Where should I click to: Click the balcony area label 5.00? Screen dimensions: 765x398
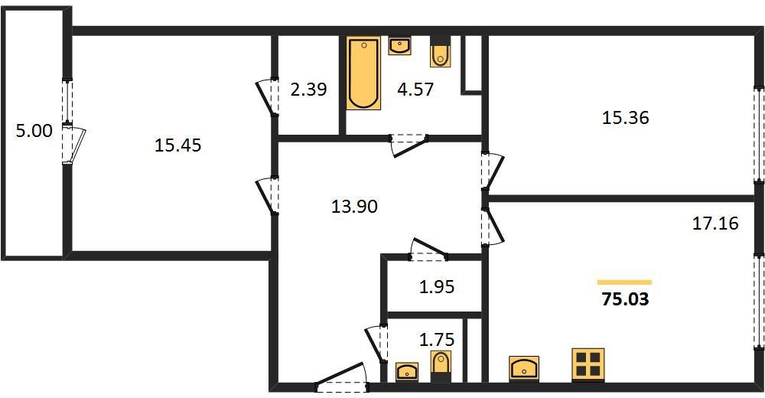[34, 131]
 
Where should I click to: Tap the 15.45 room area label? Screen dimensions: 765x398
[177, 145]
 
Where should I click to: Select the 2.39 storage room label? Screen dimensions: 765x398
[308, 90]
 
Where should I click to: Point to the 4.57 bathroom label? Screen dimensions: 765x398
[415, 90]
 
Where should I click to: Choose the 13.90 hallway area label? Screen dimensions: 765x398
[354, 207]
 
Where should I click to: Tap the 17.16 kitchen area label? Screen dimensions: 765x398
[716, 223]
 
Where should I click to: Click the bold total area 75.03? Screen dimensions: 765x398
[626, 298]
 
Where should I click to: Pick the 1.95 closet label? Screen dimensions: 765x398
[437, 287]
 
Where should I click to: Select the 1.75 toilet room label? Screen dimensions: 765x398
[437, 338]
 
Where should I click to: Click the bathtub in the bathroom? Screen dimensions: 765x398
[363, 73]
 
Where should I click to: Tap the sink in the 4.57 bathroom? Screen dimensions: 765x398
[400, 46]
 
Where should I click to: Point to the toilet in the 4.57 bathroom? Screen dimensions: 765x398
[441, 52]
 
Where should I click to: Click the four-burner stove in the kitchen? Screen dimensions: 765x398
[588, 365]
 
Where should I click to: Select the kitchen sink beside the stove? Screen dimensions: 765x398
[524, 368]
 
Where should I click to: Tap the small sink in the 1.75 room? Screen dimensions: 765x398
[406, 371]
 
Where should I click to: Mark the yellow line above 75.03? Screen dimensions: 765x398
[624, 282]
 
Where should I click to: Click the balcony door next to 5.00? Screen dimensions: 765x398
[73, 145]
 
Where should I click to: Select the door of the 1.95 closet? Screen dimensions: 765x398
[428, 249]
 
